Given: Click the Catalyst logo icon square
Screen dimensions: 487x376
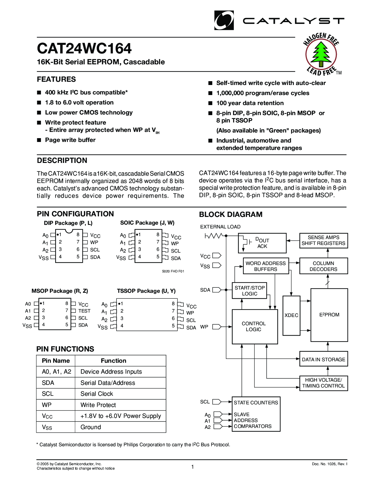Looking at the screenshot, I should click(x=224, y=20).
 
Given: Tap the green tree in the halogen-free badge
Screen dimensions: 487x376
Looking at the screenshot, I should click(x=321, y=54).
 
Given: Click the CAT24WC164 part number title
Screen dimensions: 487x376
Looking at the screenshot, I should click(x=84, y=48).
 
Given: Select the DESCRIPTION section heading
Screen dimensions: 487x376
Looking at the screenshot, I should click(x=62, y=161).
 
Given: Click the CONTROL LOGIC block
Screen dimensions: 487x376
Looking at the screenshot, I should click(x=255, y=326).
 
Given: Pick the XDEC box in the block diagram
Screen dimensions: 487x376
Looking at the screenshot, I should click(x=291, y=315).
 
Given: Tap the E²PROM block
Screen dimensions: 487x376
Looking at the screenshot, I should click(x=329, y=315).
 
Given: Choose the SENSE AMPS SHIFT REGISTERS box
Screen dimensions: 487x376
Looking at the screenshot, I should click(x=323, y=240).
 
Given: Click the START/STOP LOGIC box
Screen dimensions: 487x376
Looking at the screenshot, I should click(x=249, y=291).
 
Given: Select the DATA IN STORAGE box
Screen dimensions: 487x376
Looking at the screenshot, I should click(x=323, y=359).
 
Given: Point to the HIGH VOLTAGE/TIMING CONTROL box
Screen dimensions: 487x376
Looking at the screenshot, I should click(x=323, y=383).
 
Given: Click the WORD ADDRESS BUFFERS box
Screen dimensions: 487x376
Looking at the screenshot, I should click(x=265, y=266).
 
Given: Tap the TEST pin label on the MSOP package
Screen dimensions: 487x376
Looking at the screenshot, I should click(x=84, y=311).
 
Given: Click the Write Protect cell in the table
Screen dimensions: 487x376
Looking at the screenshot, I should click(x=98, y=405).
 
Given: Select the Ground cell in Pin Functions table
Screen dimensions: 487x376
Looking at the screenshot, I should click(x=91, y=427).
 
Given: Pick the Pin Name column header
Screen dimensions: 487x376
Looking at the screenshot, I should click(x=56, y=361).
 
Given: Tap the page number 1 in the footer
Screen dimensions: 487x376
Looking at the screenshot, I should click(x=193, y=467).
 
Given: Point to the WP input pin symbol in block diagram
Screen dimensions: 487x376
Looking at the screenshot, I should click(x=217, y=327).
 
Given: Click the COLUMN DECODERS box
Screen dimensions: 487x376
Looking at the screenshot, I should click(x=323, y=266).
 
